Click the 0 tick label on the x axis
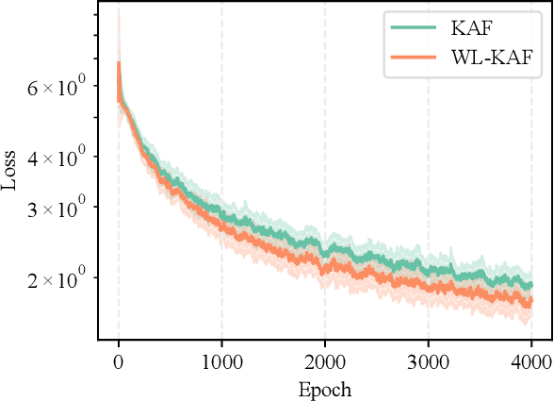click(118, 360)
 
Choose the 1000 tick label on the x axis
click(221, 360)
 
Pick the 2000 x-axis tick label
click(325, 360)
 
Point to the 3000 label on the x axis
click(428, 360)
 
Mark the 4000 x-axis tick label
click(531, 360)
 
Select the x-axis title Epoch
click(324, 388)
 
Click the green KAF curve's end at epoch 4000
click(531, 285)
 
